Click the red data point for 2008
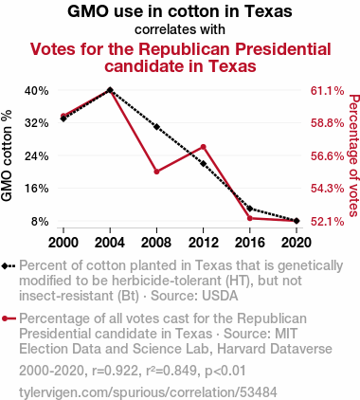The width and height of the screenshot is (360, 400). point(156,172)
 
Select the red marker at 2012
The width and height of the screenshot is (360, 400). point(204,147)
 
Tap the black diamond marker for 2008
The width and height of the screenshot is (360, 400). point(156,127)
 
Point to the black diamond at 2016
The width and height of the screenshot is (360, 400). point(250,209)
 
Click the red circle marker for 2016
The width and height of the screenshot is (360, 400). point(250,218)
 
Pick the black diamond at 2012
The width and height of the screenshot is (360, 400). point(204,164)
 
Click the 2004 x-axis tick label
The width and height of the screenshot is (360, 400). point(110,243)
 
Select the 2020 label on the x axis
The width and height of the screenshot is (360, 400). point(297,243)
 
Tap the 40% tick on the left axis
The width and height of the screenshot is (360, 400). point(37,91)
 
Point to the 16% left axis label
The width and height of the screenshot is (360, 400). point(37,189)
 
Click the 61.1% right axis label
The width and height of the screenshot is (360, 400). point(328,91)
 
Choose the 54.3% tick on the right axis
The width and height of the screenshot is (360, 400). point(328,189)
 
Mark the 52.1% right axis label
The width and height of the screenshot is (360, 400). point(328,222)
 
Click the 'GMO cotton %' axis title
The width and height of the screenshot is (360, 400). point(7,155)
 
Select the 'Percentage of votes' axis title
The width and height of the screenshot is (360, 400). point(354,155)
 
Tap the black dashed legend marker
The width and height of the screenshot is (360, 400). point(9,266)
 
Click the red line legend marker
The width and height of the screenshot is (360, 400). point(9,318)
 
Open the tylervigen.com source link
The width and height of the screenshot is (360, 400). point(148,392)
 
